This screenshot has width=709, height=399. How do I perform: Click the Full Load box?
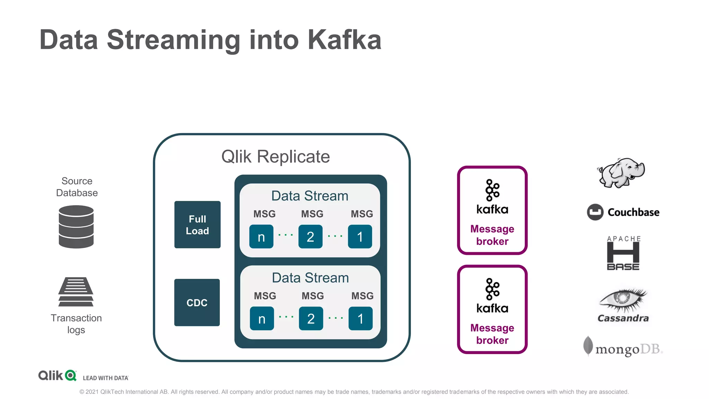(x=197, y=224)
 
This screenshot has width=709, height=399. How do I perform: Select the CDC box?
(x=197, y=302)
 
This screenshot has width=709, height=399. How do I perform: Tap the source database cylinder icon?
(x=76, y=227)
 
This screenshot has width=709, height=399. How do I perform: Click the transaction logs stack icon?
(x=76, y=292)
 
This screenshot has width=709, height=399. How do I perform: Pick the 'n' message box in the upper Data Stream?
(x=261, y=237)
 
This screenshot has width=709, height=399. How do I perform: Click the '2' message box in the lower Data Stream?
(x=311, y=318)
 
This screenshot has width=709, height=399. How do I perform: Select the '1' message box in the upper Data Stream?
(x=360, y=237)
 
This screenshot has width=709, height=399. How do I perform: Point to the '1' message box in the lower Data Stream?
(x=361, y=318)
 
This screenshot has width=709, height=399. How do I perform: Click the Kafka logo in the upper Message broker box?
(x=492, y=197)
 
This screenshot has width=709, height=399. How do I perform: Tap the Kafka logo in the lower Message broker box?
(x=492, y=296)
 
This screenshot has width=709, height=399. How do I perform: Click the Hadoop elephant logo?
(x=621, y=173)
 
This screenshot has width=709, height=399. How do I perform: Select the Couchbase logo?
(x=623, y=212)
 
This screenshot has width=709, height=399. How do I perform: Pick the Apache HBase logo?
(x=623, y=253)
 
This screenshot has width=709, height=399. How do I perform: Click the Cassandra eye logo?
(x=623, y=305)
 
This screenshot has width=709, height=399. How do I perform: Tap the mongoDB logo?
(x=623, y=347)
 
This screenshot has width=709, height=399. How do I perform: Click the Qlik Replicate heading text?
(x=276, y=157)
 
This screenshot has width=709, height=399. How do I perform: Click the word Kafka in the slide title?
(x=344, y=40)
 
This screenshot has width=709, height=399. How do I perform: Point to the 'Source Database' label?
(x=77, y=187)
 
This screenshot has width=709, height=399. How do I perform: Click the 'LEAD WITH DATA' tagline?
(x=106, y=378)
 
